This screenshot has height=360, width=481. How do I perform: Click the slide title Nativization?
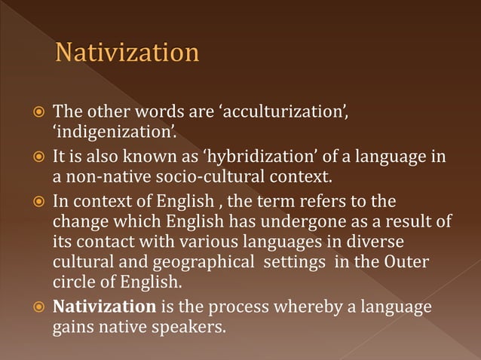coord(127,54)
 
